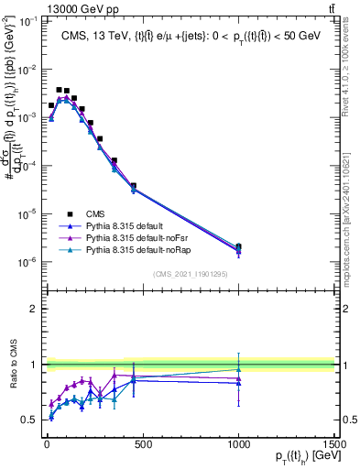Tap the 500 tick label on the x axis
(x=140, y=444)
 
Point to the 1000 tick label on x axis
(x=238, y=444)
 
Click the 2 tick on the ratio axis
(x=33, y=309)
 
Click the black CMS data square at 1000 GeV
(x=238, y=246)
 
